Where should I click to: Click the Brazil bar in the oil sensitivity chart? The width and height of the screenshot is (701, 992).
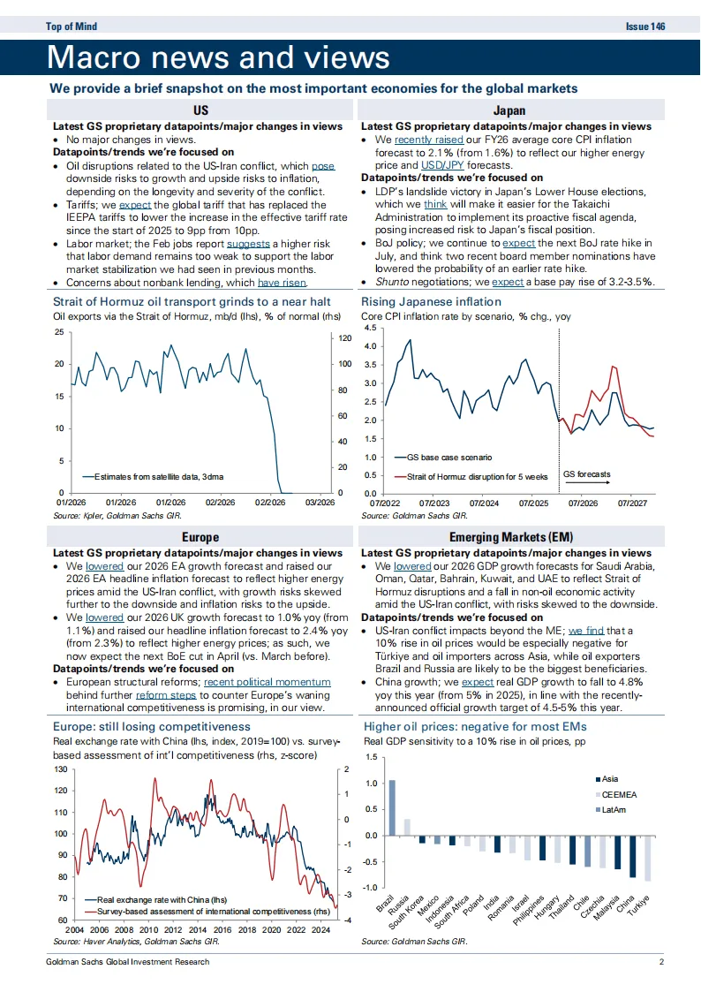point(392,807)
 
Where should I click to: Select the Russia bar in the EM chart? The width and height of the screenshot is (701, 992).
point(407,827)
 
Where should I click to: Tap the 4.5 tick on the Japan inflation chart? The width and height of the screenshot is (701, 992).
point(370,328)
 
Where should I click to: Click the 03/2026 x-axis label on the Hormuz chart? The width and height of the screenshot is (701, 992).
point(320,502)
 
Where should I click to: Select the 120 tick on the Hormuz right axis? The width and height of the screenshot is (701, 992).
point(345,338)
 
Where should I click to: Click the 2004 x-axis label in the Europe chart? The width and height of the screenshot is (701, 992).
point(74,930)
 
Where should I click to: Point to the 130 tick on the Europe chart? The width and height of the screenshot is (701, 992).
point(60,769)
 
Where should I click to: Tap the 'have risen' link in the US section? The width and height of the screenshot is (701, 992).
point(282,282)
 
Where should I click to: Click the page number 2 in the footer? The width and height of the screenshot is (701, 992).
point(660,961)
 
